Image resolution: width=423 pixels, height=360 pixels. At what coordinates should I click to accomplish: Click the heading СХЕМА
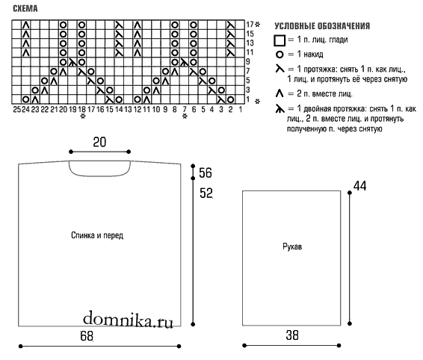[25, 9]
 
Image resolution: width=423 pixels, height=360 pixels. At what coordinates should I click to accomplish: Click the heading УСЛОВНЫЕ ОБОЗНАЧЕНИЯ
[322, 26]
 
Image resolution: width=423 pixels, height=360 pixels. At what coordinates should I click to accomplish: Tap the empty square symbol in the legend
[280, 40]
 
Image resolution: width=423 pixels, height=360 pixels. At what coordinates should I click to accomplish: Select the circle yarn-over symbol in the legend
[280, 55]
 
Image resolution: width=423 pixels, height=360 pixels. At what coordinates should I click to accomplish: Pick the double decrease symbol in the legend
[280, 109]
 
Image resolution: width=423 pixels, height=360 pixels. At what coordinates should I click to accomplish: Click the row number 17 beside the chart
[250, 25]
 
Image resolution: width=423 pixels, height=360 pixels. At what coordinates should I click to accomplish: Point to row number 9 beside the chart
[248, 62]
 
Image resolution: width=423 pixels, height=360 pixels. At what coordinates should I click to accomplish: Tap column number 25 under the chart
[16, 109]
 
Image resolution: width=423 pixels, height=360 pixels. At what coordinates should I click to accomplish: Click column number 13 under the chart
[128, 109]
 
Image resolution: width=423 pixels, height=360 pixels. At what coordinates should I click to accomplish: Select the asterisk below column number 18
[83, 117]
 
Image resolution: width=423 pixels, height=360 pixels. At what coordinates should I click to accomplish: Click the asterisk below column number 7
[185, 117]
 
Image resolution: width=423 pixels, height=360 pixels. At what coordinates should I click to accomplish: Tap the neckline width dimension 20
[99, 142]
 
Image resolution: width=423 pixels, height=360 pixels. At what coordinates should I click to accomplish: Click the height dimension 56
[206, 173]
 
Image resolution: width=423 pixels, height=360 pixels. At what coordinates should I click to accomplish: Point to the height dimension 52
[206, 193]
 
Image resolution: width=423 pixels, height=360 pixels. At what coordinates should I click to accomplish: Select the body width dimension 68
[87, 336]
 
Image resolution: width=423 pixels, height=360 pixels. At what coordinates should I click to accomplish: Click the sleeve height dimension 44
[360, 186]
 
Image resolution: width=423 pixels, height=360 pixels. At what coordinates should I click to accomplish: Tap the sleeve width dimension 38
[292, 335]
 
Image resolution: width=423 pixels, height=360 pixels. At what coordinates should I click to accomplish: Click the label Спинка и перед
[97, 235]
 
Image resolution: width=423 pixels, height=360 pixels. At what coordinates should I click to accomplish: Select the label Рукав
[292, 246]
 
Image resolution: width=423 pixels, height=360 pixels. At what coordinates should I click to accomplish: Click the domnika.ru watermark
[128, 319]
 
